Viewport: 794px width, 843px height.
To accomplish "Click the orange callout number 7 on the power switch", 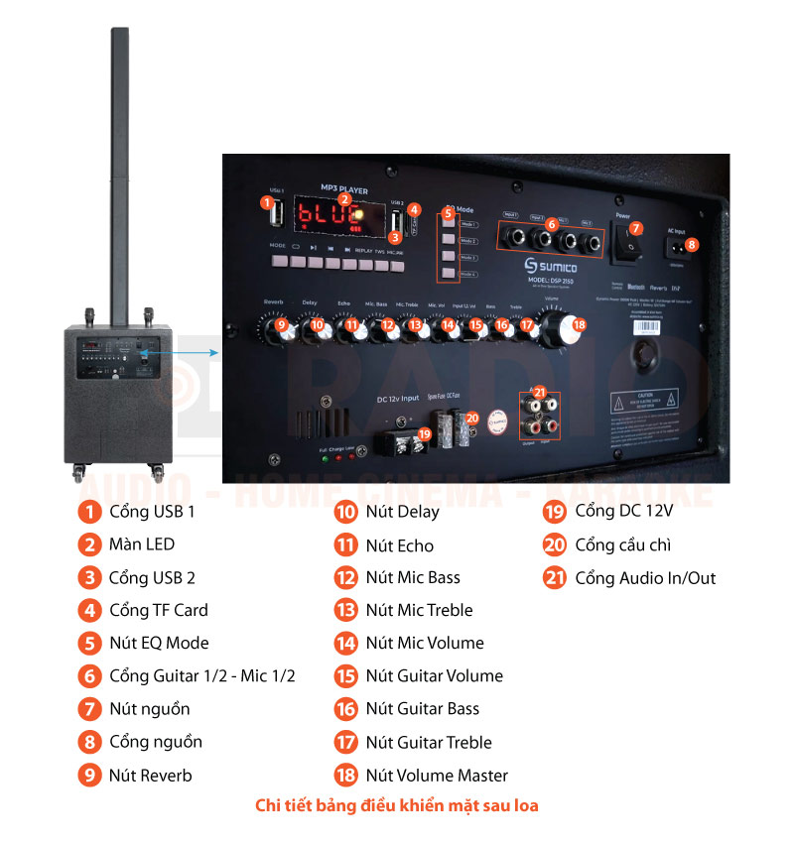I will click(x=636, y=228).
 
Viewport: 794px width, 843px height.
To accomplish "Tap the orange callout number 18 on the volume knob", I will click(x=579, y=324).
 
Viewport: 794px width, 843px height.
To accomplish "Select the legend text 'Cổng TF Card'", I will click(x=158, y=610).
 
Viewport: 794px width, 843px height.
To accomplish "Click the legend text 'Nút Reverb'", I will click(x=150, y=776).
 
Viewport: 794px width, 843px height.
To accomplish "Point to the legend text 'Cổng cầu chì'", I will click(x=623, y=544).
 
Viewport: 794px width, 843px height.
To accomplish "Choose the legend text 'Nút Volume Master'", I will click(x=437, y=776).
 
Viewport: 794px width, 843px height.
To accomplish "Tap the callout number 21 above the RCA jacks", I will click(x=540, y=392).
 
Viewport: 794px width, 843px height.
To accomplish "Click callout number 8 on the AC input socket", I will click(x=692, y=244).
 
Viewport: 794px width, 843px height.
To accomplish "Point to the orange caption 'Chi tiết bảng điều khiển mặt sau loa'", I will click(x=397, y=805).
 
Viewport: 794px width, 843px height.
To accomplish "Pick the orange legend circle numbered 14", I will click(x=345, y=643).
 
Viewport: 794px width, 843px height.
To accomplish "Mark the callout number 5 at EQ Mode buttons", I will click(x=449, y=212).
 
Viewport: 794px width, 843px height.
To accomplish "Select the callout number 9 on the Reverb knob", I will click(x=282, y=323).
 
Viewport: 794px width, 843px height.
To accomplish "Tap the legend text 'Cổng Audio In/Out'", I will click(x=645, y=578).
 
